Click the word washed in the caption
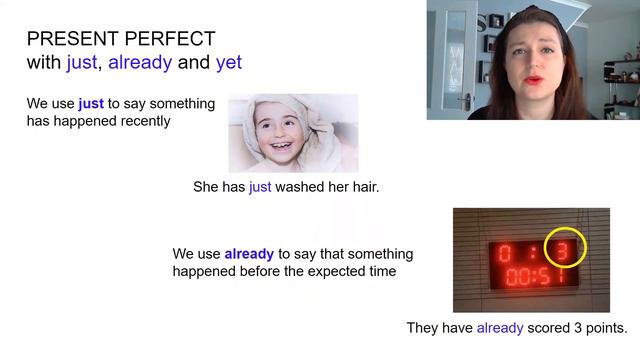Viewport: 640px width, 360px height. [306, 186]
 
